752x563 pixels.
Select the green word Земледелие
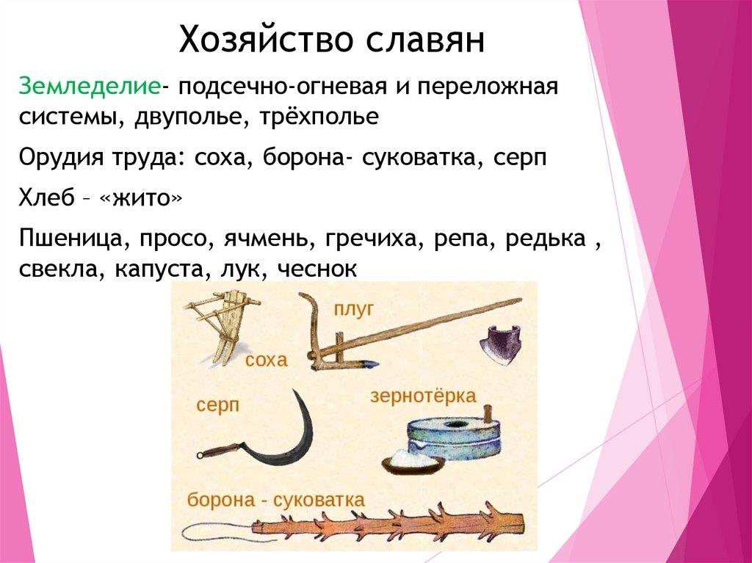(90, 86)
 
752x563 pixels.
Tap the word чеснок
(317, 269)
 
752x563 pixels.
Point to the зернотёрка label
(423, 396)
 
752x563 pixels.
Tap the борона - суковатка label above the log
(276, 501)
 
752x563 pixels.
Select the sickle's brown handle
(220, 451)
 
